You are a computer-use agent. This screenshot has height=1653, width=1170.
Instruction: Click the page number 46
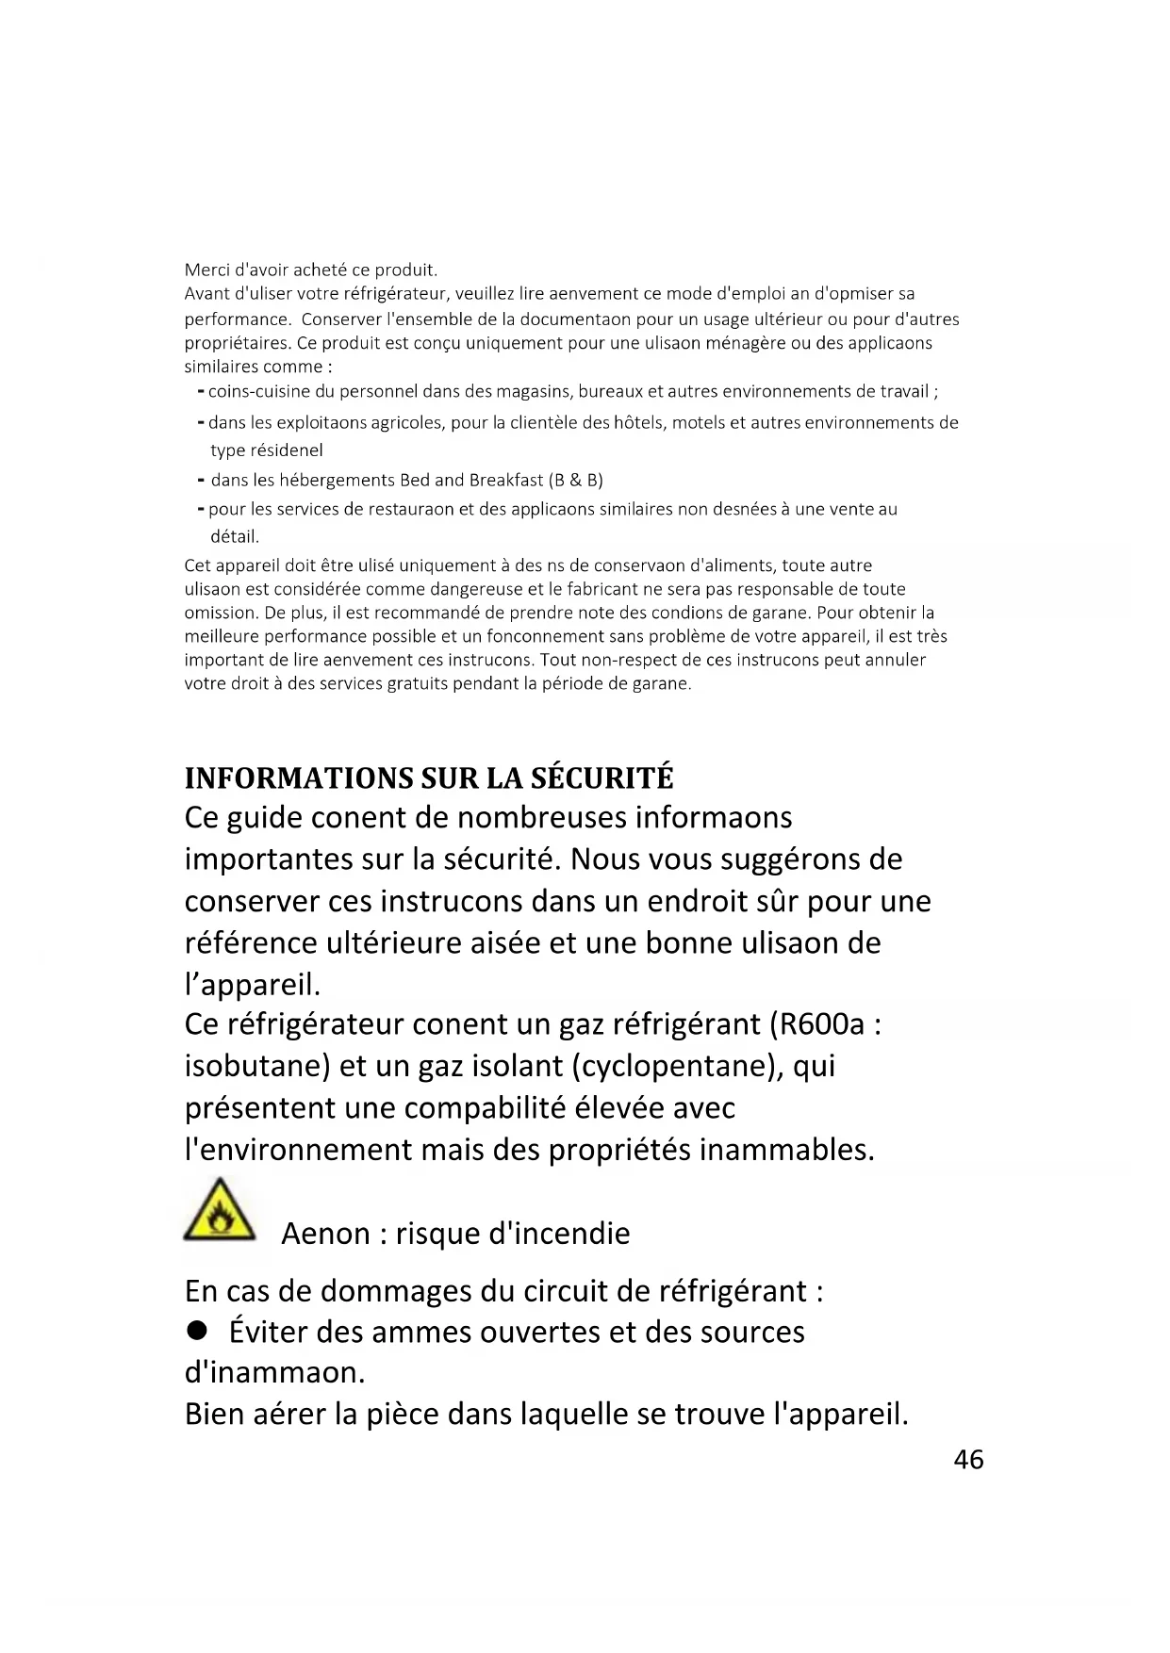(x=968, y=1460)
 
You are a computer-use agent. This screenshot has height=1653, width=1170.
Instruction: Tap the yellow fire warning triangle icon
(x=219, y=1210)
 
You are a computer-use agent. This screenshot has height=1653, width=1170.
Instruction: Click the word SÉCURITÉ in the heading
(x=602, y=778)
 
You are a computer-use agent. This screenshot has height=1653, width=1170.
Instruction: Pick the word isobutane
(x=257, y=1066)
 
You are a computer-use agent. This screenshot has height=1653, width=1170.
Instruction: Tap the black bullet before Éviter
(x=196, y=1330)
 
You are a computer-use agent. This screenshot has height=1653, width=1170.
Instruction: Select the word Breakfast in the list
(x=506, y=481)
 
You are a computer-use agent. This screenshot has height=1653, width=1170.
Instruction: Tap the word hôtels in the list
(x=640, y=422)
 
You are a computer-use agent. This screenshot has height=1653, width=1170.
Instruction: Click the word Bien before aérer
(x=214, y=1415)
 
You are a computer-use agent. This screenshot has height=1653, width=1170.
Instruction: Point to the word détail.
(x=234, y=537)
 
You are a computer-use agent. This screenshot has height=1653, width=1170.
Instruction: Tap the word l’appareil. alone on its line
(x=253, y=985)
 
